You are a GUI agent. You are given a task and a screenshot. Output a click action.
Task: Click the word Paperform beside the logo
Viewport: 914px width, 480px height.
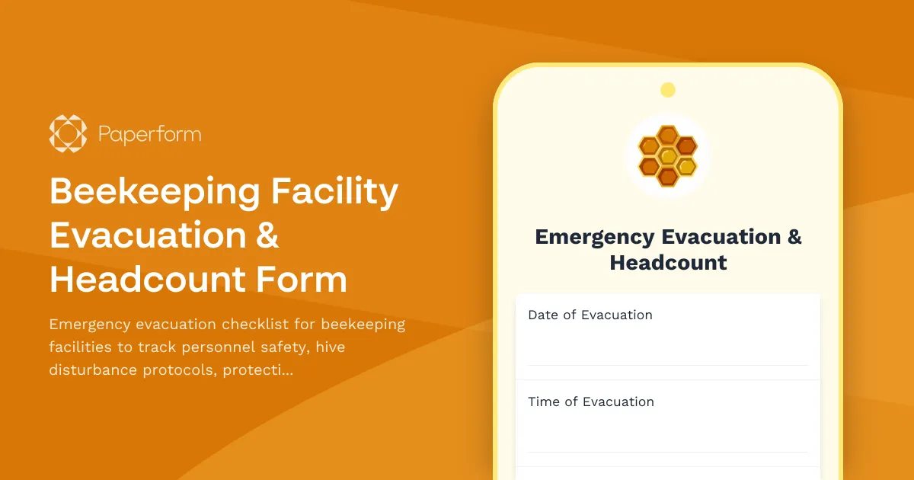pos(149,135)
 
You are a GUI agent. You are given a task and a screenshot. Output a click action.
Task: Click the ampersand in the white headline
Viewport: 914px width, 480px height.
pos(265,235)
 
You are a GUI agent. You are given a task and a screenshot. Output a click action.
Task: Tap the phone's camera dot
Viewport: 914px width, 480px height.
pos(668,91)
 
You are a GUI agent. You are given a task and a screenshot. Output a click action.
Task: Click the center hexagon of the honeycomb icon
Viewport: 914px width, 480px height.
pos(668,156)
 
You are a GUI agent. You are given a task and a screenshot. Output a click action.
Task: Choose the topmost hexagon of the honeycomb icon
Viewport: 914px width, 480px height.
pos(668,136)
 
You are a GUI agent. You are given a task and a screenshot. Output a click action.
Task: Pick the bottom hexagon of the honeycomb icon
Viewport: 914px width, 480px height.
pos(668,177)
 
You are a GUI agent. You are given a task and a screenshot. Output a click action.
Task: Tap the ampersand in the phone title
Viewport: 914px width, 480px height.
pos(794,237)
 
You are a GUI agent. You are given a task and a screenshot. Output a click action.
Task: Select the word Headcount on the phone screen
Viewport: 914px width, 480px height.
pos(668,263)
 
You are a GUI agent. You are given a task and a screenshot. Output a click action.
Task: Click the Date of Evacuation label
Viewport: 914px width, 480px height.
pos(590,315)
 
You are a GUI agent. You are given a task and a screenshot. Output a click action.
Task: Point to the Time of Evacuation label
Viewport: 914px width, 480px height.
pos(591,402)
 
